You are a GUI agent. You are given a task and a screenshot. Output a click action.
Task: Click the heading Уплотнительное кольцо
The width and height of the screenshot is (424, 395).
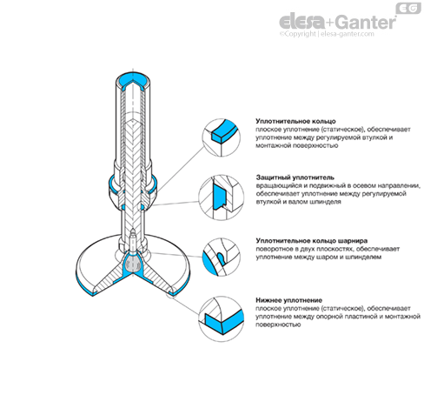(295, 121)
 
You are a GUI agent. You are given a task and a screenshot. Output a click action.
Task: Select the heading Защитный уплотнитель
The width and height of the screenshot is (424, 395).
(295, 177)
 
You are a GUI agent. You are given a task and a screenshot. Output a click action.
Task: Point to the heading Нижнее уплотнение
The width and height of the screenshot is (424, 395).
(288, 300)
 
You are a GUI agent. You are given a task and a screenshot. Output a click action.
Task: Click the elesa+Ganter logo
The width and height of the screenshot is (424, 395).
(338, 23)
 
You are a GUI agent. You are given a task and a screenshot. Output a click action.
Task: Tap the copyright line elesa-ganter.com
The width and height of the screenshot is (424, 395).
(327, 34)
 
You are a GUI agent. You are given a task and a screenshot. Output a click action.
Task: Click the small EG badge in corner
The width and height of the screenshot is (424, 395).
(408, 9)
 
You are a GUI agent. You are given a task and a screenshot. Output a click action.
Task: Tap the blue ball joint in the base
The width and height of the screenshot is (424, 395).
(133, 264)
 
